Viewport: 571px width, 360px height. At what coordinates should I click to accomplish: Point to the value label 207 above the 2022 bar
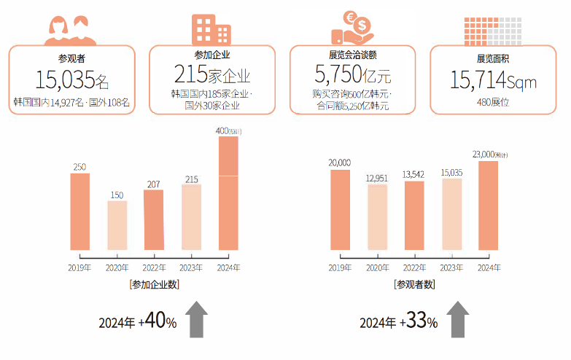tap(153, 185)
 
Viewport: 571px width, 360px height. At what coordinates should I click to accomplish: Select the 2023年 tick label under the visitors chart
tap(451, 268)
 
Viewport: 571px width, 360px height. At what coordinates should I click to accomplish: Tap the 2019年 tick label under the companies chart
tap(79, 268)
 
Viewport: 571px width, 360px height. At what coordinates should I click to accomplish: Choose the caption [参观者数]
tap(414, 284)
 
